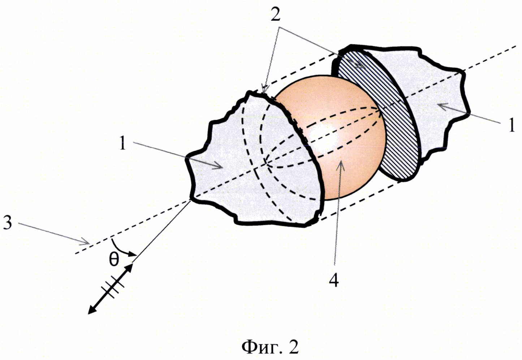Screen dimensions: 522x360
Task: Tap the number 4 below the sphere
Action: click(x=334, y=279)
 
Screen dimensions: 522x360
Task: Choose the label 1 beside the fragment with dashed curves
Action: click(x=123, y=143)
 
